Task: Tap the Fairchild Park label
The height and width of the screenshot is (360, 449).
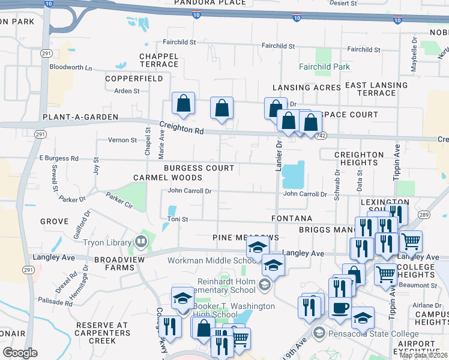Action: coord(325,67)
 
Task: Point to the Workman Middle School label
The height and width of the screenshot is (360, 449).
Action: coord(212,260)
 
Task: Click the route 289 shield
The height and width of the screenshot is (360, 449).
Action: coord(424,215)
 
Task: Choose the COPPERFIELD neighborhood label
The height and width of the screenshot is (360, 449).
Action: coord(134,79)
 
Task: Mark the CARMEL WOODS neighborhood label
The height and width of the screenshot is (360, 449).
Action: coord(168,178)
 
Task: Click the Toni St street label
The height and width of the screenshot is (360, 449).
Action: coord(178,220)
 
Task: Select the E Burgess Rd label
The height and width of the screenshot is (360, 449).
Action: coord(59,158)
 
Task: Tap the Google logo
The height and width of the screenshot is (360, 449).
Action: coord(20,353)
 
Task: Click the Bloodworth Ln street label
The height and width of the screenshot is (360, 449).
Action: coord(71,67)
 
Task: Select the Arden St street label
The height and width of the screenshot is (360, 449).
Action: coord(127,91)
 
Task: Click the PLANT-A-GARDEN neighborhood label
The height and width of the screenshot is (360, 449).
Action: coord(80,116)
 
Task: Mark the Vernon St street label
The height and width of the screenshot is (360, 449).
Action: coord(122,140)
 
